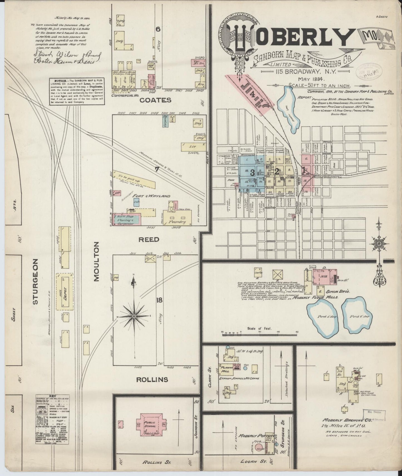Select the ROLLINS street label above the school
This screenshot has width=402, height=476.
(x=152, y=379)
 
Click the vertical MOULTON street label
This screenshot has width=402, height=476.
(x=96, y=262)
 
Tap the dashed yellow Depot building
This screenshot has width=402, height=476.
(x=65, y=291)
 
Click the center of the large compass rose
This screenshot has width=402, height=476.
(x=134, y=316)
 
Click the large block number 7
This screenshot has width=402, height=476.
(x=156, y=169)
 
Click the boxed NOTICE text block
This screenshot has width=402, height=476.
(x=77, y=91)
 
